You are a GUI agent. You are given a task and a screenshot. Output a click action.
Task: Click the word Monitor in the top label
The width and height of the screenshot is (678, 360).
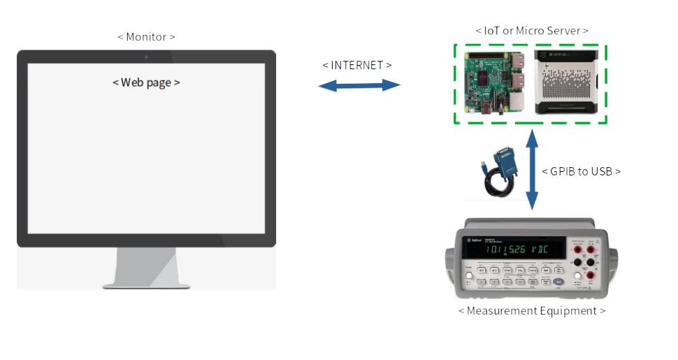tap(146, 36)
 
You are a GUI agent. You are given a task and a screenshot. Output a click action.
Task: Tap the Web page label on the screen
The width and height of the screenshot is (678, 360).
tap(146, 82)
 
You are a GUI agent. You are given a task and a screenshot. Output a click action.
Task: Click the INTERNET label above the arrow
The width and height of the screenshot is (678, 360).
tap(356, 65)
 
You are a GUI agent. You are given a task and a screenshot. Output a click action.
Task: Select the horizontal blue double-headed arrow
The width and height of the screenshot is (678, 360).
tap(359, 85)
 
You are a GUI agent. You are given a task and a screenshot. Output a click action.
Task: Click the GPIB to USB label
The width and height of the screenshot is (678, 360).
tap(581, 171)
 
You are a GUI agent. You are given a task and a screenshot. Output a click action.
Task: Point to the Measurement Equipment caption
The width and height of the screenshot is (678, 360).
tap(531, 310)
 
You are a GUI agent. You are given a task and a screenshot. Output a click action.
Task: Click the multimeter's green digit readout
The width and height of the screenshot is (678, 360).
tap(514, 248)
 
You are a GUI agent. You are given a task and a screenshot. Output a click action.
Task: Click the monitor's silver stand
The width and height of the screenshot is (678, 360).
tap(146, 269)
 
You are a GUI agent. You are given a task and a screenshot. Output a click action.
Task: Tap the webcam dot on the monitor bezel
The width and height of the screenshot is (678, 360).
tap(146, 56)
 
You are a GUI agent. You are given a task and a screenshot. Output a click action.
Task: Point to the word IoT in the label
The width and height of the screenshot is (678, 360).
tap(492, 31)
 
